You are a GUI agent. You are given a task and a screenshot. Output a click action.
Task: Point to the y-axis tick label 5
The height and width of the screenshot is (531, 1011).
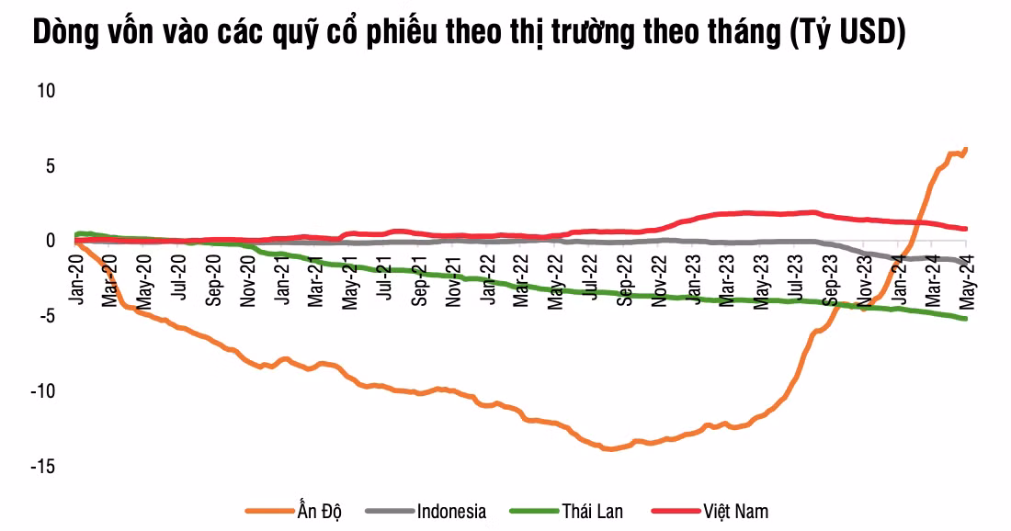[x=51, y=166]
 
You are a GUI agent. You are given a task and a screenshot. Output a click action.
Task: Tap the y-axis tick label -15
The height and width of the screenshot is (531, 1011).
[x=43, y=467]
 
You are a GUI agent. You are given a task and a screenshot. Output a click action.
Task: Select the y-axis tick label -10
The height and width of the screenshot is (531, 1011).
[x=43, y=391]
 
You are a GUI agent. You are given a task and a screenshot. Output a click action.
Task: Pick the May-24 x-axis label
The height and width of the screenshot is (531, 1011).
[x=966, y=281]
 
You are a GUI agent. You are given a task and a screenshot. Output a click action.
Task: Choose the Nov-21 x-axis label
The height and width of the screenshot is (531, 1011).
[x=453, y=281]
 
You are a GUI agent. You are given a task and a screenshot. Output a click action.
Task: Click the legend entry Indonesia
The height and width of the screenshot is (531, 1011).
[x=450, y=512]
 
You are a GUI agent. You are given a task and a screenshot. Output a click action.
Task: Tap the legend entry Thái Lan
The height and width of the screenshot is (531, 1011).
[x=592, y=512]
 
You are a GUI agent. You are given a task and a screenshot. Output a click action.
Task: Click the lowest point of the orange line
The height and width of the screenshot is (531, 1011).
[x=607, y=449]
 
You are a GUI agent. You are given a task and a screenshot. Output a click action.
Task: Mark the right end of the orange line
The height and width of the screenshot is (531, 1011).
[x=966, y=149]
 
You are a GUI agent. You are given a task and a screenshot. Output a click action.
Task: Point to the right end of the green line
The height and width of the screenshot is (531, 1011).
[x=966, y=319]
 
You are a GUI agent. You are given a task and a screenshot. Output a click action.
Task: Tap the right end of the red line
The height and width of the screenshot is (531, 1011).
[x=966, y=229]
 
